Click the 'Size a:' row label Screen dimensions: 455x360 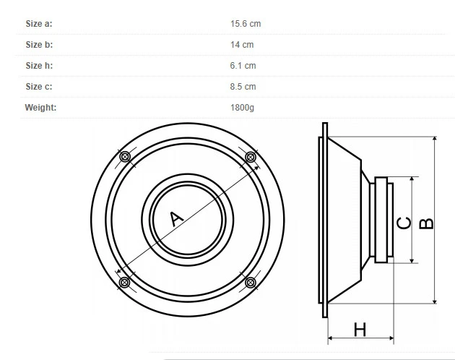(39, 24)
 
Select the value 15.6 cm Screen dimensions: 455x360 (246, 24)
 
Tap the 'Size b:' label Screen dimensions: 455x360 (39, 44)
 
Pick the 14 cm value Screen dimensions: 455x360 (242, 44)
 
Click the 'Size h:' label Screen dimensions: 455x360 (39, 65)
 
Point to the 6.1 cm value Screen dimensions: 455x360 (243, 65)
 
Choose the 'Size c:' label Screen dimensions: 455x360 (39, 86)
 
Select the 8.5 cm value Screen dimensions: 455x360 (243, 86)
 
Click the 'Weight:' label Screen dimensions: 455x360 (40, 108)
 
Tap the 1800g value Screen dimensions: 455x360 (242, 108)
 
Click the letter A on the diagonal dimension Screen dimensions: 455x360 (175, 218)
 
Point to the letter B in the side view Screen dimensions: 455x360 (427, 223)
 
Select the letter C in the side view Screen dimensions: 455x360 (404, 223)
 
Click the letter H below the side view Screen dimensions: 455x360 (360, 330)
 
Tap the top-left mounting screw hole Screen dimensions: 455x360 (125, 157)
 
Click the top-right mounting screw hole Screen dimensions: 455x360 (251, 157)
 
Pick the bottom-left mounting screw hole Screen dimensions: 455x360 (125, 282)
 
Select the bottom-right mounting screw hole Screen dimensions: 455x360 (251, 283)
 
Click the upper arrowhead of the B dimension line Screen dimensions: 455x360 (435, 139)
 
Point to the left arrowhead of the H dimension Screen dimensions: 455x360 (330, 338)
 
